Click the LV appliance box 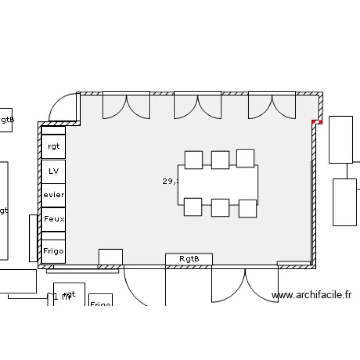53,171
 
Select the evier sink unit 53,195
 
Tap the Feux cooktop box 53,219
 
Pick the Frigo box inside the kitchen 53,251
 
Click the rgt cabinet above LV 53,146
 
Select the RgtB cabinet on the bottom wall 189,259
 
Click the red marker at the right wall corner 316,122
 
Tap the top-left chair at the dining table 193,160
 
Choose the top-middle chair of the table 220,160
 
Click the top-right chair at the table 245,158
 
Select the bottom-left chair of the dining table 192,207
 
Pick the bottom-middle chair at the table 220,208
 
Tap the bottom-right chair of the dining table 247,208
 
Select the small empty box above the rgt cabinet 53,131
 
